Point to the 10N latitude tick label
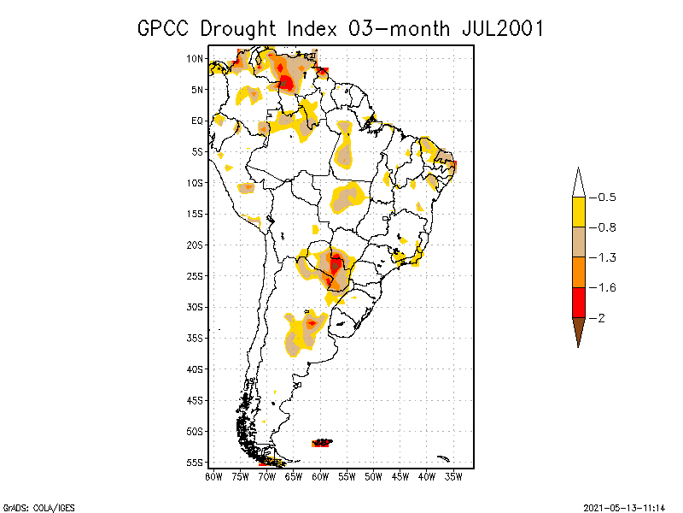pos(195,58)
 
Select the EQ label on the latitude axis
pos(196,121)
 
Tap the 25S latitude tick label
pos(195,275)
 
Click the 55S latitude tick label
pos(195,462)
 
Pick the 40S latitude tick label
pos(195,369)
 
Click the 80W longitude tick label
pos(213,475)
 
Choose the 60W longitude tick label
pos(321,475)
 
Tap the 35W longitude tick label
pos(453,475)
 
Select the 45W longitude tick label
pos(400,475)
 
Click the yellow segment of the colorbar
pos(579,212)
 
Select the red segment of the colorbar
pos(579,302)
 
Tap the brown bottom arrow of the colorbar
pos(579,330)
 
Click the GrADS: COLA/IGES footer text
pos(35,507)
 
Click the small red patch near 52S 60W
pos(322,443)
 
